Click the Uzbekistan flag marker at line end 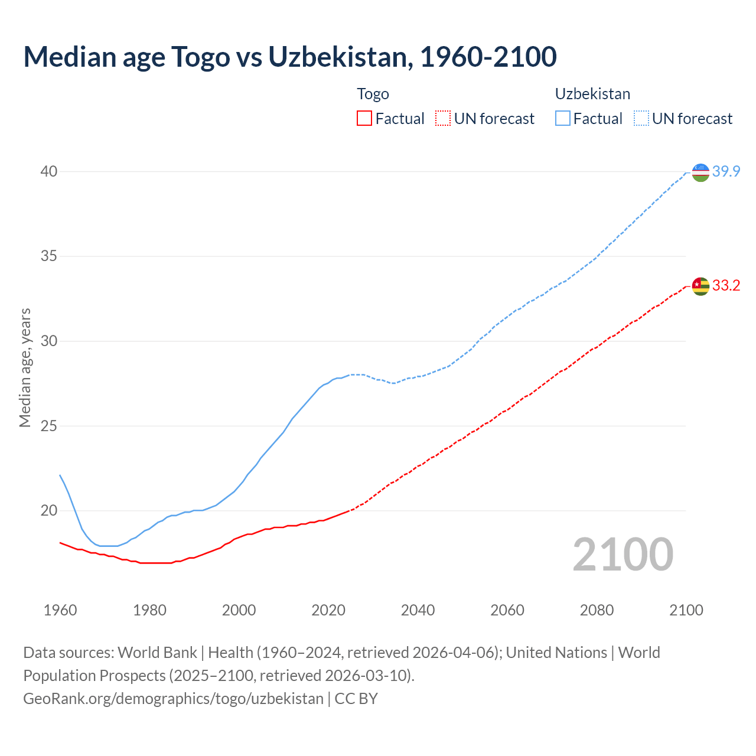tap(700, 172)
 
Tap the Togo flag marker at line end tap(700, 286)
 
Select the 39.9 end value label tap(726, 172)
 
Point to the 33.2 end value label tap(726, 286)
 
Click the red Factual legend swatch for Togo tap(364, 119)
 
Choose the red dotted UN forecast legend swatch tap(443, 119)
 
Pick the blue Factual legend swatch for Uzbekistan tap(563, 119)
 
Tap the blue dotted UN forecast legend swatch tap(641, 119)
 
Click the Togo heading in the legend tap(373, 94)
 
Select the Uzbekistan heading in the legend tap(592, 94)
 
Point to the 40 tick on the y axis tap(48, 172)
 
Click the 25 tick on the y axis tap(48, 426)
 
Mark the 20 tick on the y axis tap(48, 511)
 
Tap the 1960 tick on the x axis tap(60, 610)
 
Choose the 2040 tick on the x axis tap(418, 610)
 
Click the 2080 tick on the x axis tap(597, 610)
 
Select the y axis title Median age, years tap(25, 367)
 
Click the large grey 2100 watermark tap(623, 555)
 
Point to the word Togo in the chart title tap(200, 57)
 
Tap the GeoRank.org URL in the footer tap(173, 699)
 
